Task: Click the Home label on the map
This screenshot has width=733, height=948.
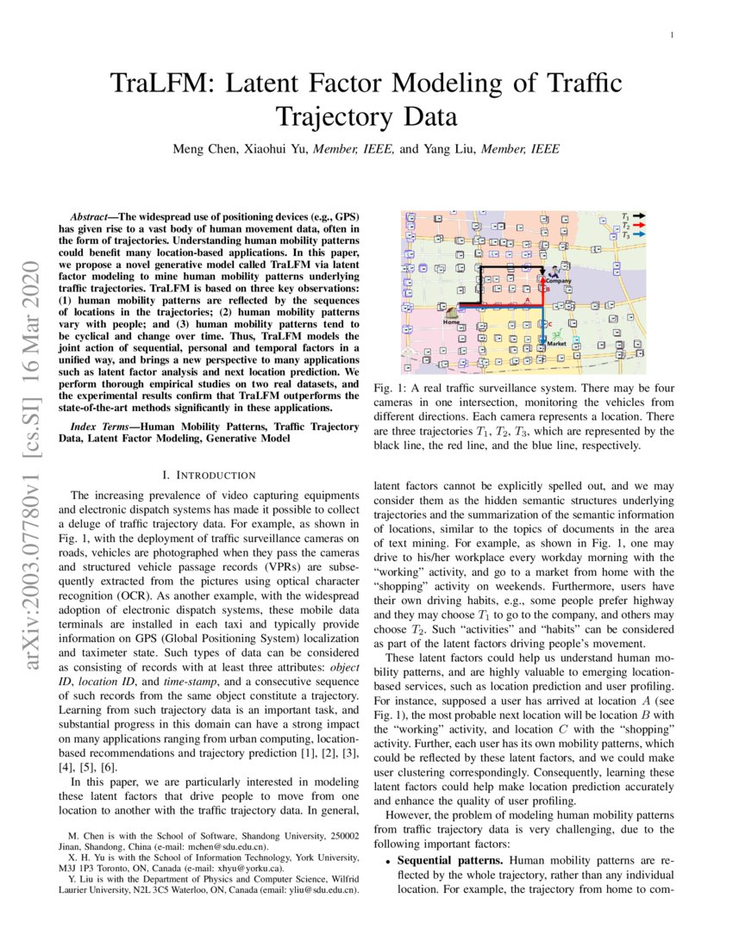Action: [449, 321]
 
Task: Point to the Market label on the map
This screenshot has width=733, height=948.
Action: [558, 345]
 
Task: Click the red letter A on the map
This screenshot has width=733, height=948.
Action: [527, 301]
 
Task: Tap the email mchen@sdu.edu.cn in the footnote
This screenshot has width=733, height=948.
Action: [227, 847]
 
